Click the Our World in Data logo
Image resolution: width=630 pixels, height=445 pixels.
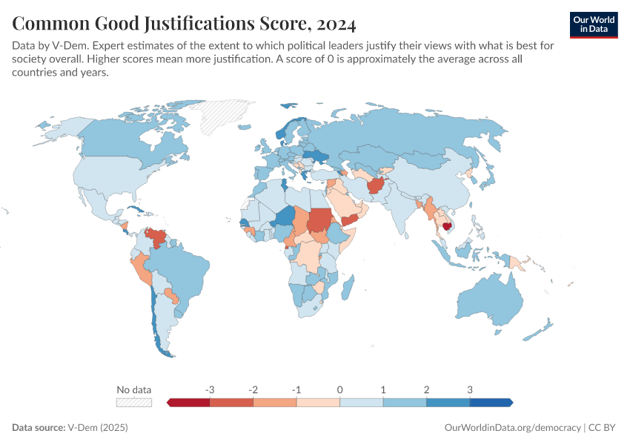tap(594, 24)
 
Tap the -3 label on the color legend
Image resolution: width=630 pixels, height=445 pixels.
tap(210, 389)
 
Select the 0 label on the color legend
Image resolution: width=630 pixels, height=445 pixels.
tap(339, 389)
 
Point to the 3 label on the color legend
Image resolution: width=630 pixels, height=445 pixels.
tap(469, 389)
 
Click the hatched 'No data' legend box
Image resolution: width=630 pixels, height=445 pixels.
tap(133, 402)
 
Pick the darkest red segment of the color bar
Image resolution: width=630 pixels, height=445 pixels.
tap(189, 402)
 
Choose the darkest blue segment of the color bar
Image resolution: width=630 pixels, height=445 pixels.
tap(491, 402)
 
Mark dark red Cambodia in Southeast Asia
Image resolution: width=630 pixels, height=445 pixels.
tap(448, 228)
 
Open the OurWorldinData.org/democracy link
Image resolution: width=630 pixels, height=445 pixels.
tap(512, 428)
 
